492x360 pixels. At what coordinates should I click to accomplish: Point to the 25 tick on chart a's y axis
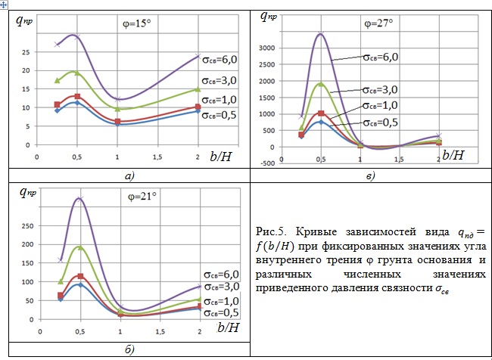[x=26, y=51]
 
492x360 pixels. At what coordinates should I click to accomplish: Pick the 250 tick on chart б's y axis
[x=26, y=225]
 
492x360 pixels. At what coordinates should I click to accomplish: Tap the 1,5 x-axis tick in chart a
[x=157, y=157]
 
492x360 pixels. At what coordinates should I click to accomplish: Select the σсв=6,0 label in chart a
[x=220, y=58]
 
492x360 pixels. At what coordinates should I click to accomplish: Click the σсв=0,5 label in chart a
[x=220, y=115]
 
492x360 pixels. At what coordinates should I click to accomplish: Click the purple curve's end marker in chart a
[x=198, y=56]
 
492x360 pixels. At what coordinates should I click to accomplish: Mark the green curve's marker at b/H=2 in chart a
[x=198, y=89]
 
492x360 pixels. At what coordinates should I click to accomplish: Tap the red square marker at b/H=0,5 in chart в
[x=321, y=113]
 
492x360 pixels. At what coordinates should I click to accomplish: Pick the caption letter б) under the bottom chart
[x=130, y=349]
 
